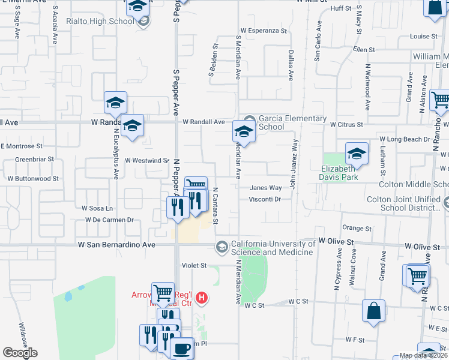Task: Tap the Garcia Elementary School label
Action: (292, 122)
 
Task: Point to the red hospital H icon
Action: (202, 297)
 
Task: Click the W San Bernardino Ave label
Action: (116, 245)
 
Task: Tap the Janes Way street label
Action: (266, 188)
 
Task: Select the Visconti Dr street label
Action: (265, 199)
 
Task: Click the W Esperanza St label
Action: (264, 30)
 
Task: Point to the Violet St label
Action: (194, 265)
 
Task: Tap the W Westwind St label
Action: (147, 161)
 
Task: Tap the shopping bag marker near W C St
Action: (373, 311)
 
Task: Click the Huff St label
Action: (340, 8)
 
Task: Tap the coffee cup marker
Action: (182, 347)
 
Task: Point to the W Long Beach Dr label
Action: (405, 139)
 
